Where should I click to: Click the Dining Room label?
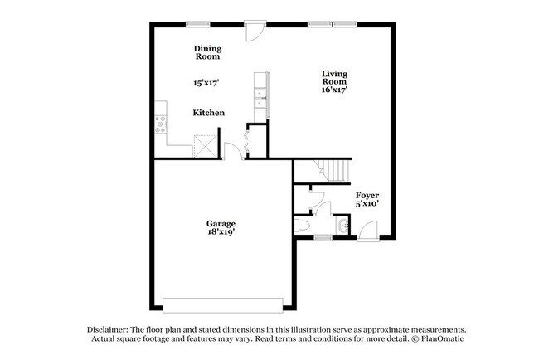click(x=208, y=52)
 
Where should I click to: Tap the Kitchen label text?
click(x=209, y=113)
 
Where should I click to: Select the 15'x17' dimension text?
click(x=206, y=83)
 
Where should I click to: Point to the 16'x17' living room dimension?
click(x=335, y=89)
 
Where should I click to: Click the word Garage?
click(x=221, y=223)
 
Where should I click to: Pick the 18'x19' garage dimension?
click(x=221, y=232)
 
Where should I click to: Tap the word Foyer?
click(x=367, y=196)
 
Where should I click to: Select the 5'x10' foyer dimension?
click(x=367, y=204)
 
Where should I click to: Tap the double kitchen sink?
click(x=260, y=99)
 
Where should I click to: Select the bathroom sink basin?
click(x=342, y=225)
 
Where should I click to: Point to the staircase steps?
click(x=336, y=172)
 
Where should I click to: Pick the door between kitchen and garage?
click(x=236, y=152)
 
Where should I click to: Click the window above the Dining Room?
click(x=197, y=23)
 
